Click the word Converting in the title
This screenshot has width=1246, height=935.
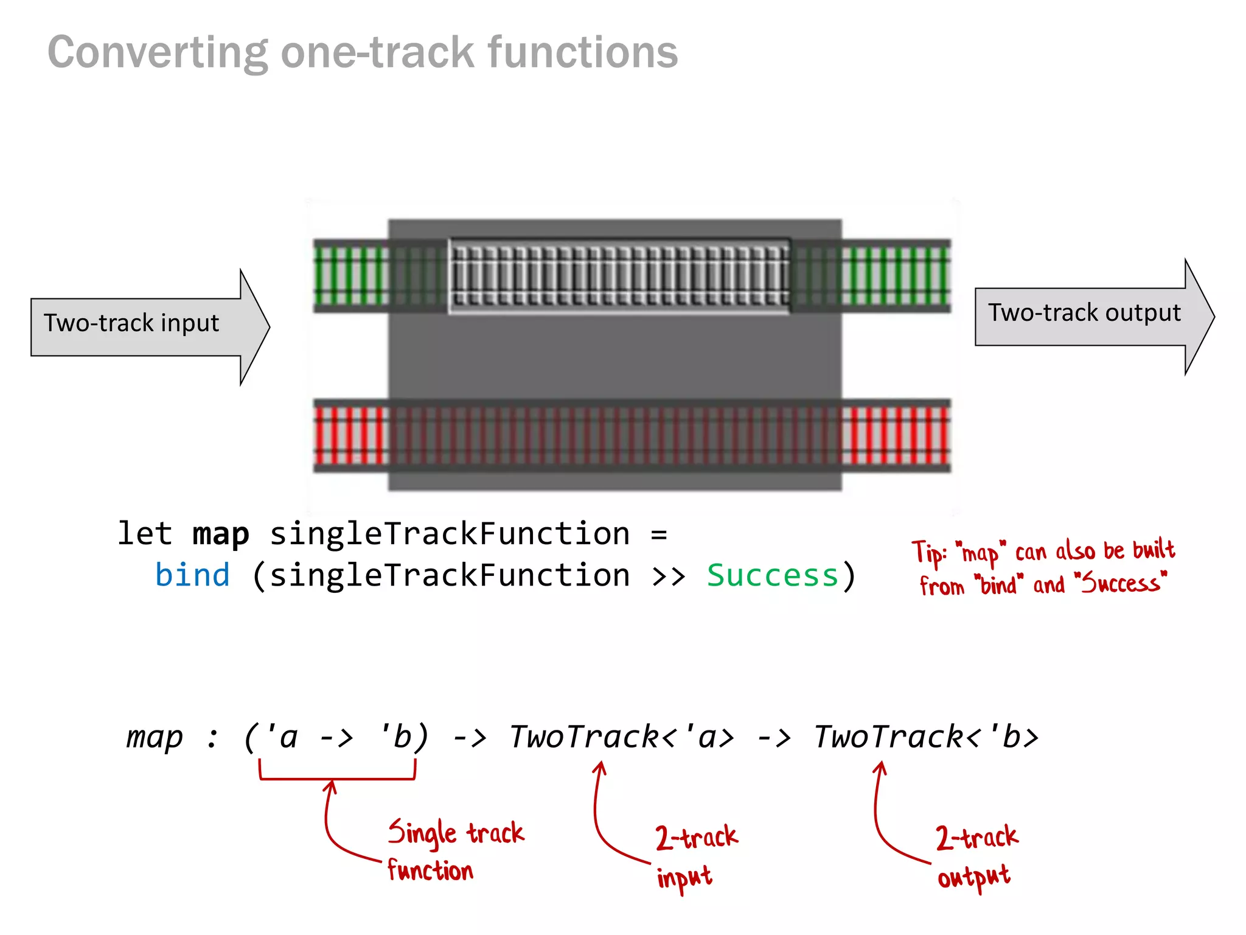pos(157,53)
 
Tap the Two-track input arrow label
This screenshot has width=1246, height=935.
pos(131,323)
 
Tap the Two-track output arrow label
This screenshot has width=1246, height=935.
pos(1084,313)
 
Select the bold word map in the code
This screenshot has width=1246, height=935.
pos(220,534)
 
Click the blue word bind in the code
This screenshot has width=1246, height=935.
pos(192,576)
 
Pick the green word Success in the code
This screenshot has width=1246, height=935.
pos(772,576)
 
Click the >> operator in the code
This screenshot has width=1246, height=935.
pos(667,576)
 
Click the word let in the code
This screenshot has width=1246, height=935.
pos(145,534)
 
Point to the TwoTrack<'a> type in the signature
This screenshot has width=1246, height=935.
pos(621,737)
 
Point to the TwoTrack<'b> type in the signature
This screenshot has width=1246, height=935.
pos(925,737)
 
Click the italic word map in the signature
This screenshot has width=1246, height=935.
pos(155,737)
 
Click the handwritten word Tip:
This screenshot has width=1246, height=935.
pos(929,552)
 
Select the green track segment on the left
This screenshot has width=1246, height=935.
pos(350,276)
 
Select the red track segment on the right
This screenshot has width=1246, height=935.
pos(896,436)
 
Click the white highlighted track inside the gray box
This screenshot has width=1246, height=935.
pos(619,276)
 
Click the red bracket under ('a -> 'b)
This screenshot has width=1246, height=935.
pos(337,777)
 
